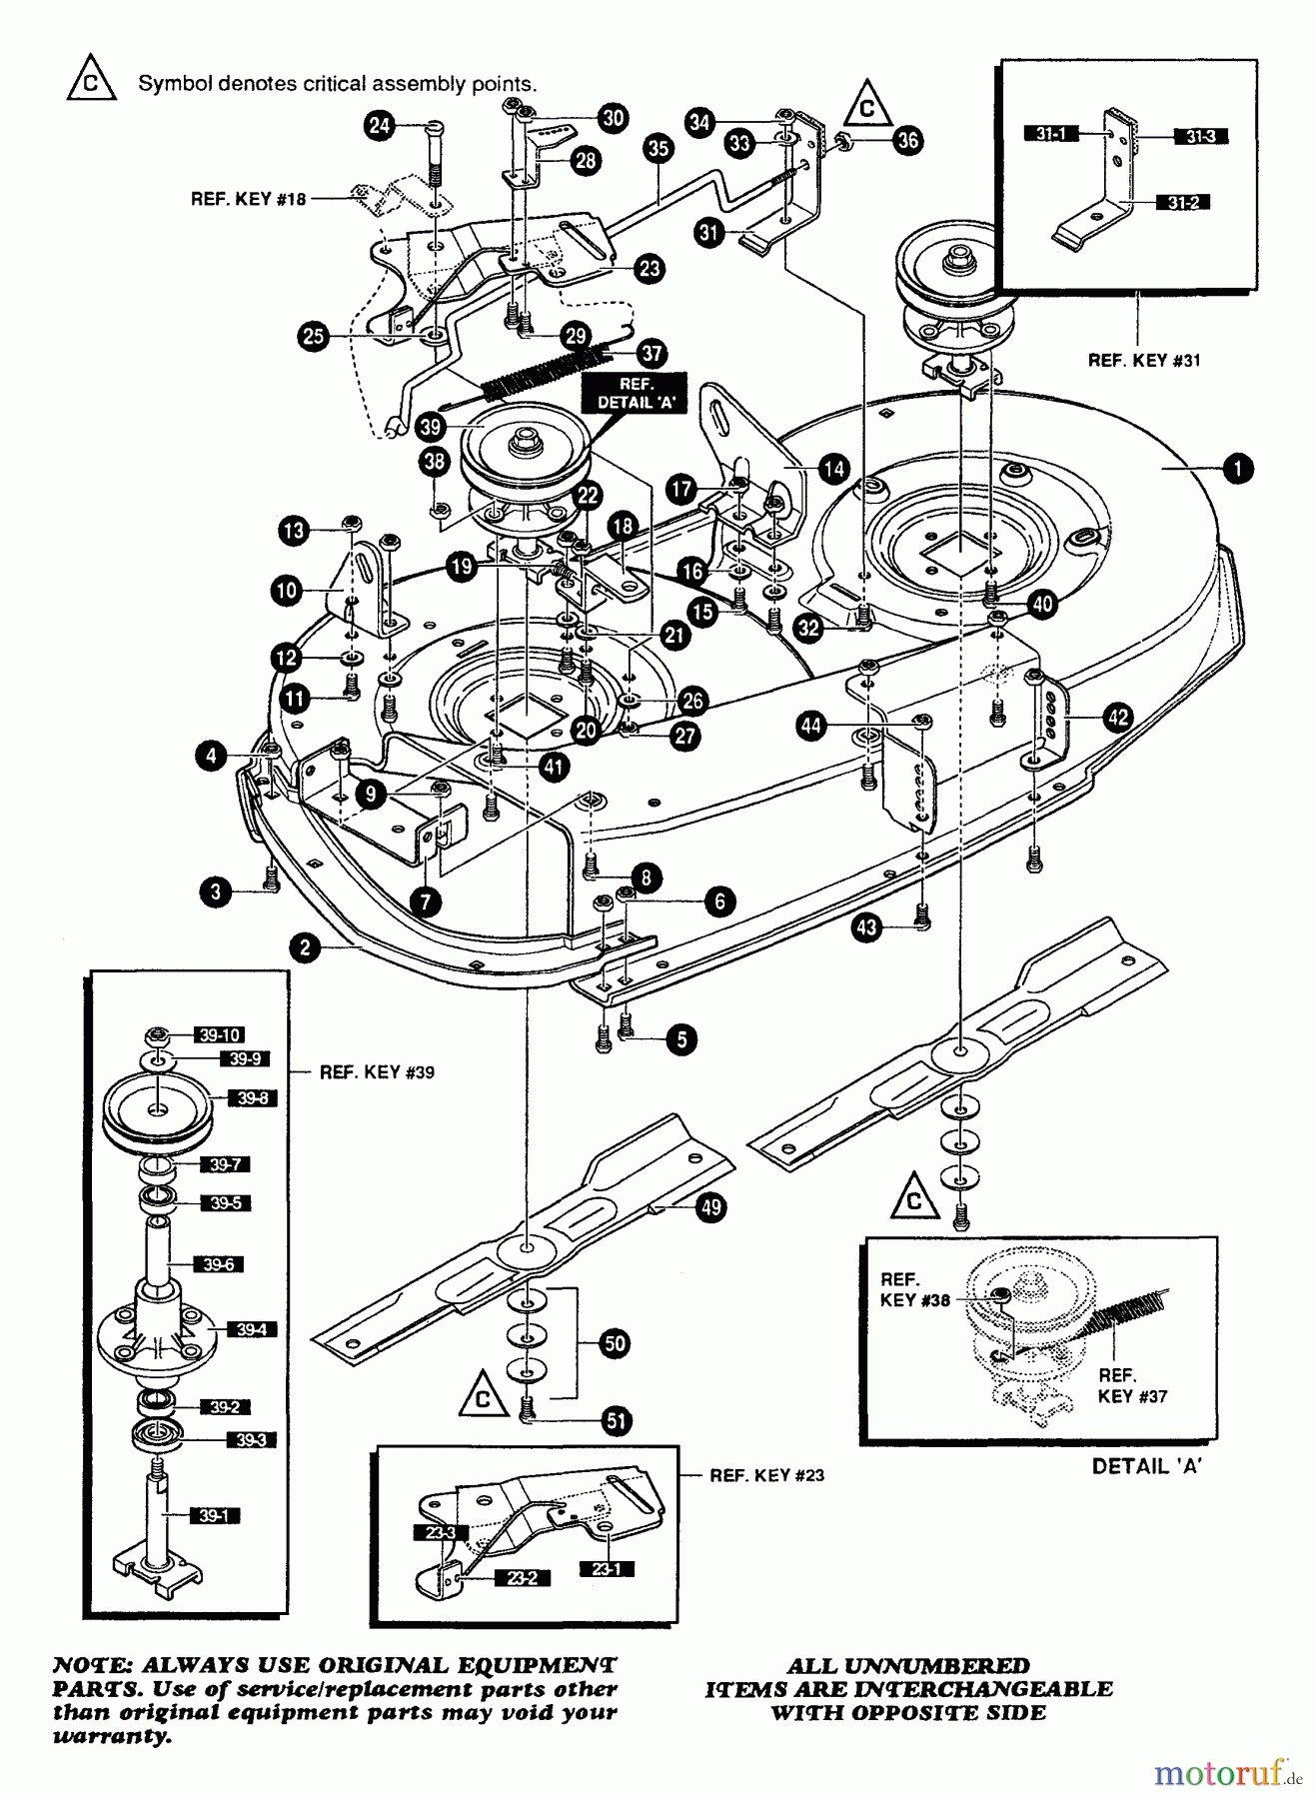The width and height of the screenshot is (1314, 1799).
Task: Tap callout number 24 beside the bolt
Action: click(379, 126)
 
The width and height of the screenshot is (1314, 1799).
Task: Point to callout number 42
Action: click(1117, 717)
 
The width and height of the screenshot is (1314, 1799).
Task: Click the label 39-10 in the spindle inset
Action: click(220, 1034)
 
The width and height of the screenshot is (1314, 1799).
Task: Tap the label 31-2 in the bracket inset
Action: click(1180, 203)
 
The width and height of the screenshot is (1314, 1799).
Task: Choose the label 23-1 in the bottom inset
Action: click(606, 1569)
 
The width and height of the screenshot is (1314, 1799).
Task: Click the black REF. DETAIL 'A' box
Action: click(637, 394)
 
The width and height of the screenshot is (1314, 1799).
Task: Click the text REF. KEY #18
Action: click(248, 199)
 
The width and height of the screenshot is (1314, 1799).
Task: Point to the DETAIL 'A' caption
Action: click(1146, 1466)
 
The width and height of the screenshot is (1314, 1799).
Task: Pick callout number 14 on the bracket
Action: click(833, 468)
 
